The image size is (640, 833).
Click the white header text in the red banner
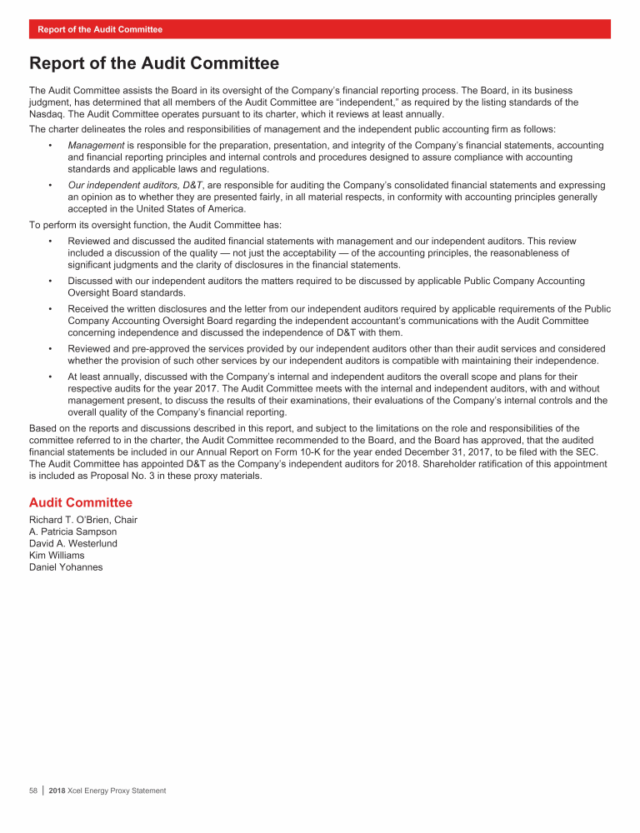coord(100,29)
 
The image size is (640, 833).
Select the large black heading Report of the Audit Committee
coord(153,63)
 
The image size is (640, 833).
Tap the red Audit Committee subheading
coord(81,502)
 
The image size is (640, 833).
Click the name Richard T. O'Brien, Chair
coord(83,520)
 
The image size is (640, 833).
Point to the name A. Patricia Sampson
coord(72,531)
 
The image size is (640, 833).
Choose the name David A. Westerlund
coord(73,543)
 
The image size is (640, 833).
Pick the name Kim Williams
coord(57,555)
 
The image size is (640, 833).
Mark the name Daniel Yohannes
coord(66,566)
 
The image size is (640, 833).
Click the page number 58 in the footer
coord(33,791)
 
